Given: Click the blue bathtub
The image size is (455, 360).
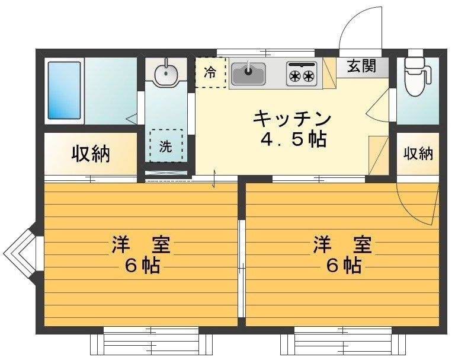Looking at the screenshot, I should point(65,90).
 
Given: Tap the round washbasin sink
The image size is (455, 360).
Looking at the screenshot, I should point(165,74).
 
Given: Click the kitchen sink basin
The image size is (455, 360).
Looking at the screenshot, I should point(248,75).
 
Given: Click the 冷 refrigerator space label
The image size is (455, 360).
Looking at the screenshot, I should point(210,73).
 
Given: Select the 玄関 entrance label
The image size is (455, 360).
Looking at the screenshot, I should point(361,66).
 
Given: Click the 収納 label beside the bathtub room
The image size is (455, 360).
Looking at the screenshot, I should point(91,154).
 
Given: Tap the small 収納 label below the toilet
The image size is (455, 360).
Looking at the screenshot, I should point(418,154).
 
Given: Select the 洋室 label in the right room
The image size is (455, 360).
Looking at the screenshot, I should point(343,245).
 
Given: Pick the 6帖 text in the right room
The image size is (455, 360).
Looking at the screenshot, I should point(343,266).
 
